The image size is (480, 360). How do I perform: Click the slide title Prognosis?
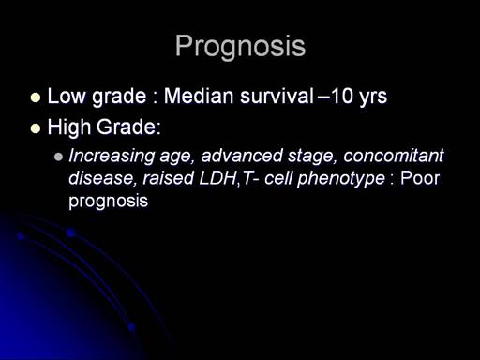click(240, 46)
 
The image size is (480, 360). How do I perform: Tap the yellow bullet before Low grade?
click(36, 97)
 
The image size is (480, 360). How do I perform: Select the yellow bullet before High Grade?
click(36, 128)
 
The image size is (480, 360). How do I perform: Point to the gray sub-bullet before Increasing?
click(58, 157)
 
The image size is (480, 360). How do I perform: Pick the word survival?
click(277, 96)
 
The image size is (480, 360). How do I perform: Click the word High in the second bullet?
click(69, 127)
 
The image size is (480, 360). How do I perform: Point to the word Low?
click(67, 96)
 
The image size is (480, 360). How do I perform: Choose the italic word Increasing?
click(112, 156)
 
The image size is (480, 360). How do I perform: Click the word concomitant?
click(394, 156)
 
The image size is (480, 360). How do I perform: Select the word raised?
click(168, 178)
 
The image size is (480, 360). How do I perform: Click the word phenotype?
click(341, 179)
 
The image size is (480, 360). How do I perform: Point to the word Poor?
click(420, 178)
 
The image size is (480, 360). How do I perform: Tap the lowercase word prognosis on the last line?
click(108, 202)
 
